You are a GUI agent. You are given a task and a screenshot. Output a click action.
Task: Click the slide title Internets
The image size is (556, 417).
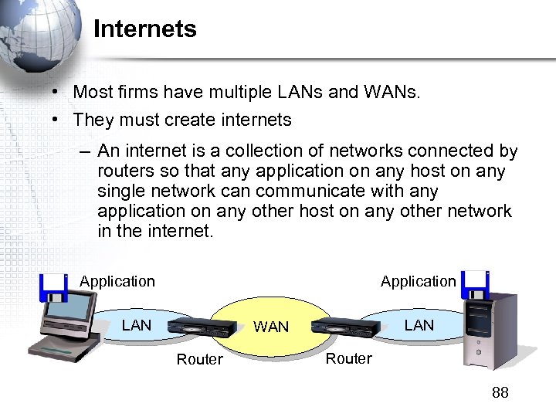145,29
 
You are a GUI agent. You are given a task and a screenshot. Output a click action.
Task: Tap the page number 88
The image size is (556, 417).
500,393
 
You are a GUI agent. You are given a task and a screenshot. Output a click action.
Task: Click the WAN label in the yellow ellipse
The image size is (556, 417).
271,327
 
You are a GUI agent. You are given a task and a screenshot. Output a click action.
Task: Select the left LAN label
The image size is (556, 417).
137,325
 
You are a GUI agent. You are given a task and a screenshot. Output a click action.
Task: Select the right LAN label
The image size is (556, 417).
419,325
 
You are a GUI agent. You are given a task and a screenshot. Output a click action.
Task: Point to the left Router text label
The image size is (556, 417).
199,359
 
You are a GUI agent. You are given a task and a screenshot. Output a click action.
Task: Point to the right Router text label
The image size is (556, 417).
348,358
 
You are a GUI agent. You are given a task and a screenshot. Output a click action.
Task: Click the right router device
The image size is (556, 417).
346,327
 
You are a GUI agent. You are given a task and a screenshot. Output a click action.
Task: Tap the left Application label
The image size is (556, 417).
117,282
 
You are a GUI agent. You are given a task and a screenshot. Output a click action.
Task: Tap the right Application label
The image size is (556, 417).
418,282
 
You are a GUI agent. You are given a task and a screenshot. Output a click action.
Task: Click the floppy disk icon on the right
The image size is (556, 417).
476,284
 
